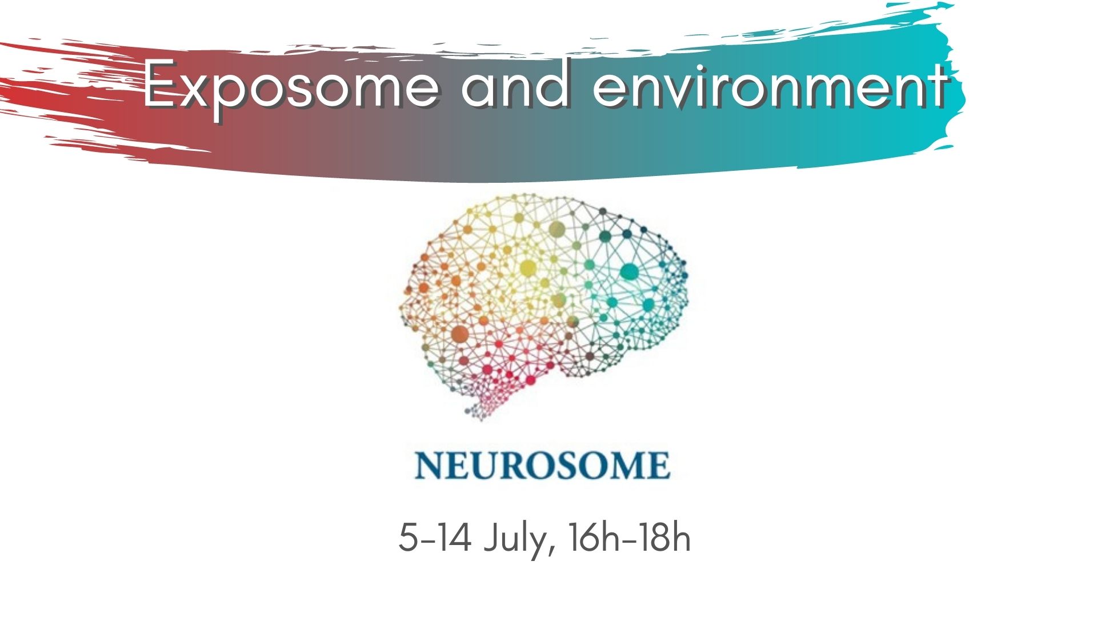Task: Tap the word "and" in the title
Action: tap(517, 83)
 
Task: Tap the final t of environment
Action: tap(936, 86)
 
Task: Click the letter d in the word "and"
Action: tap(553, 83)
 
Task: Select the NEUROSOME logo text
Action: tap(542, 466)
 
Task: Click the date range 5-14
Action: tap(435, 538)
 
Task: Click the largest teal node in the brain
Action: tap(629, 272)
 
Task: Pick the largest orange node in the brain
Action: tap(459, 334)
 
